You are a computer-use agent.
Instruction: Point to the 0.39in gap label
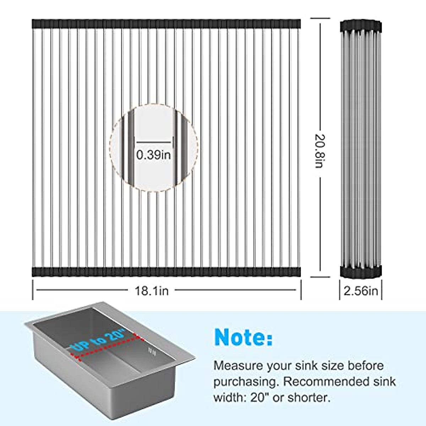coord(153,155)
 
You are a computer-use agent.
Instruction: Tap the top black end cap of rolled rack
coord(361,26)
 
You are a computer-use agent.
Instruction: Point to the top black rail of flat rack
coord(166,24)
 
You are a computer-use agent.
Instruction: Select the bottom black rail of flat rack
coord(166,272)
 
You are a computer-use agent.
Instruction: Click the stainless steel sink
coord(106,376)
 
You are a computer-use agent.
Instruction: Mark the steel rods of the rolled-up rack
coord(361,149)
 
